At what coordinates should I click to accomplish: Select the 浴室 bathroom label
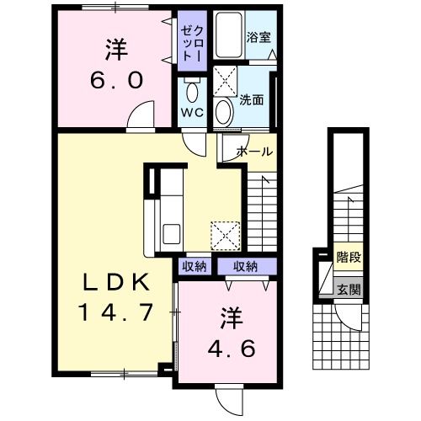click(x=258, y=38)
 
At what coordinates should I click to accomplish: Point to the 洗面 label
click(x=252, y=99)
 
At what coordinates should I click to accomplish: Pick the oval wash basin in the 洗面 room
click(x=222, y=111)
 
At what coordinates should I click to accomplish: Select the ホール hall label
click(x=254, y=152)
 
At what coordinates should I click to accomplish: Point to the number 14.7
click(x=117, y=313)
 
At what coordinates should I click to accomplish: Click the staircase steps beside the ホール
click(x=263, y=210)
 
